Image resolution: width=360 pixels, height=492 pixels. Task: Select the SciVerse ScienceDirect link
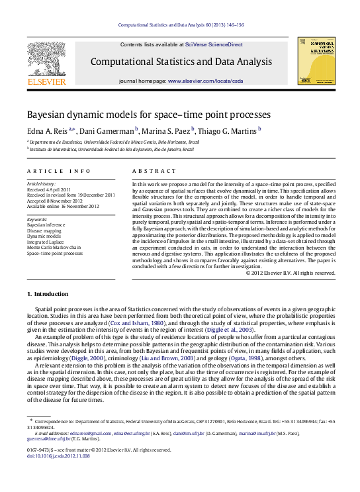[215, 44]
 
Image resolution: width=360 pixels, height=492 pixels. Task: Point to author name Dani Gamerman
[109, 130]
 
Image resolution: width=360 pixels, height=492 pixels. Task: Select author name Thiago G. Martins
[228, 130]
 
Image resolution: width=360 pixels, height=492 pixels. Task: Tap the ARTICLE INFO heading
[59, 171]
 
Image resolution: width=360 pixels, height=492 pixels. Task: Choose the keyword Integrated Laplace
[46, 242]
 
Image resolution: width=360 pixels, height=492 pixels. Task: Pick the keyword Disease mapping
[44, 230]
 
